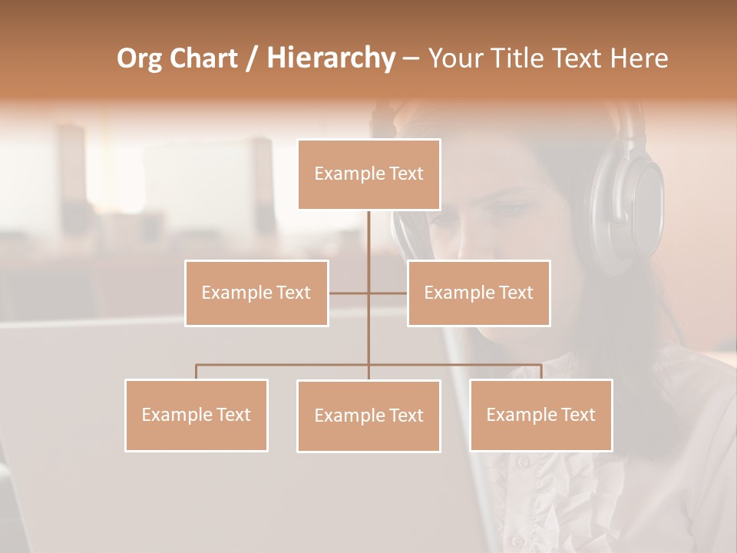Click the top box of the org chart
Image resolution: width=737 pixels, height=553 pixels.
click(368, 174)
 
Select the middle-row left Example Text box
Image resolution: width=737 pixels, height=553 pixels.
click(256, 293)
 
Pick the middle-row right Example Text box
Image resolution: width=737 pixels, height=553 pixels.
click(479, 293)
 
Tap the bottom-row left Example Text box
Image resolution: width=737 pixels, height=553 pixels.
click(197, 415)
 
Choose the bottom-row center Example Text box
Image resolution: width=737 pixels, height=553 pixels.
click(368, 416)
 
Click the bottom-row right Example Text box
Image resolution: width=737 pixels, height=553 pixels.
click(541, 415)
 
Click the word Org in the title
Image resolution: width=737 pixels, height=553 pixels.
click(139, 58)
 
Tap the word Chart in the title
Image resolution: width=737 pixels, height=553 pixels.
click(204, 58)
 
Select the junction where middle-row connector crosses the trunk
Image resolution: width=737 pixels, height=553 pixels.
click(368, 293)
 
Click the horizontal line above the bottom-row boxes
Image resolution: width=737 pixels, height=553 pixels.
click(284, 365)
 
